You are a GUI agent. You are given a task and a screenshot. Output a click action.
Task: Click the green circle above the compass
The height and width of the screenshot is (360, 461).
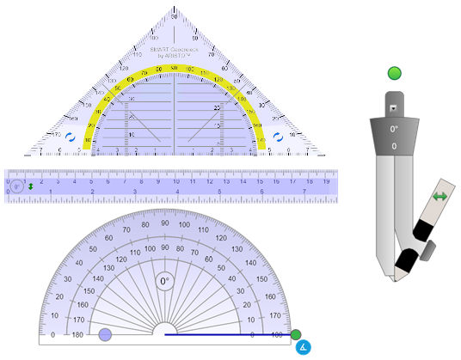[x=395, y=73]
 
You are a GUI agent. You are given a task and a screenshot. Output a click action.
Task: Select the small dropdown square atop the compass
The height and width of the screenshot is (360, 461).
[x=394, y=109]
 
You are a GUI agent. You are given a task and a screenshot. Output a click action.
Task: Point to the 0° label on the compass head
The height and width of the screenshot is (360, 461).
[x=394, y=129]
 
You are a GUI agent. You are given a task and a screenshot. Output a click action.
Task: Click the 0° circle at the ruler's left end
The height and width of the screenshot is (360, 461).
[x=16, y=185]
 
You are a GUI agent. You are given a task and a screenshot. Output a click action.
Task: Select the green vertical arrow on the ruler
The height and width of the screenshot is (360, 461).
[x=31, y=186]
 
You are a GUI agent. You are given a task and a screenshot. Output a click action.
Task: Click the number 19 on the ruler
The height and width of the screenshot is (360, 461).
[x=326, y=181]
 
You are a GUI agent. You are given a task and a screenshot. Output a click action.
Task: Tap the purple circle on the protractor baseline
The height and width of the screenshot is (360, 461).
[x=105, y=334]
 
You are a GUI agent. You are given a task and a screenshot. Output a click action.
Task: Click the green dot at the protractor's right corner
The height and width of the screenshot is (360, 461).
[x=296, y=334]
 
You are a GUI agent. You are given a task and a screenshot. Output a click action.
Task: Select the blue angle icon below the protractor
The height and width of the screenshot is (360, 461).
[x=302, y=347]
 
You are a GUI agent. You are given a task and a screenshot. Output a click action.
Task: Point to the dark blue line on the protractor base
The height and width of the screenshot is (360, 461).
[x=224, y=333]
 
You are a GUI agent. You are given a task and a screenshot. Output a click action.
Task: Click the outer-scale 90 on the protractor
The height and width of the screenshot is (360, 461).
[x=165, y=223]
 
